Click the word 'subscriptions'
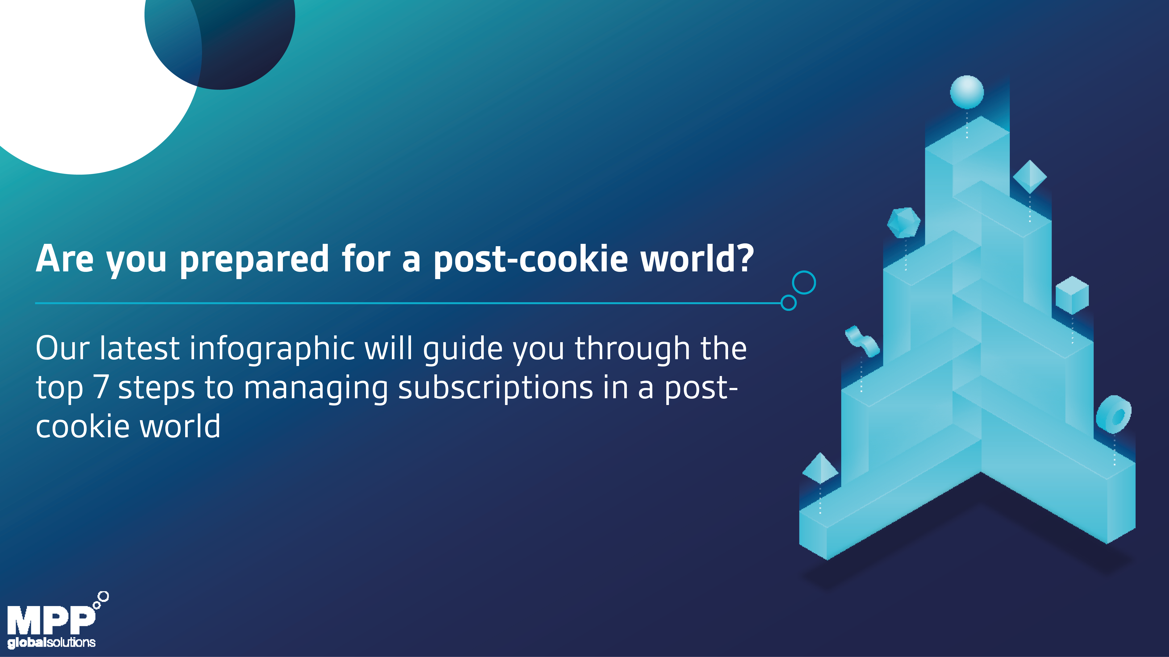pos(496,389)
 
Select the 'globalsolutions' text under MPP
pos(51,643)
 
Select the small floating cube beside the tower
pos(1072,295)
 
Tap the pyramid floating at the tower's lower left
pos(820,468)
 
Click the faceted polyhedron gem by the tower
pos(904,223)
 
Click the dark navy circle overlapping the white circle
pos(236,41)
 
